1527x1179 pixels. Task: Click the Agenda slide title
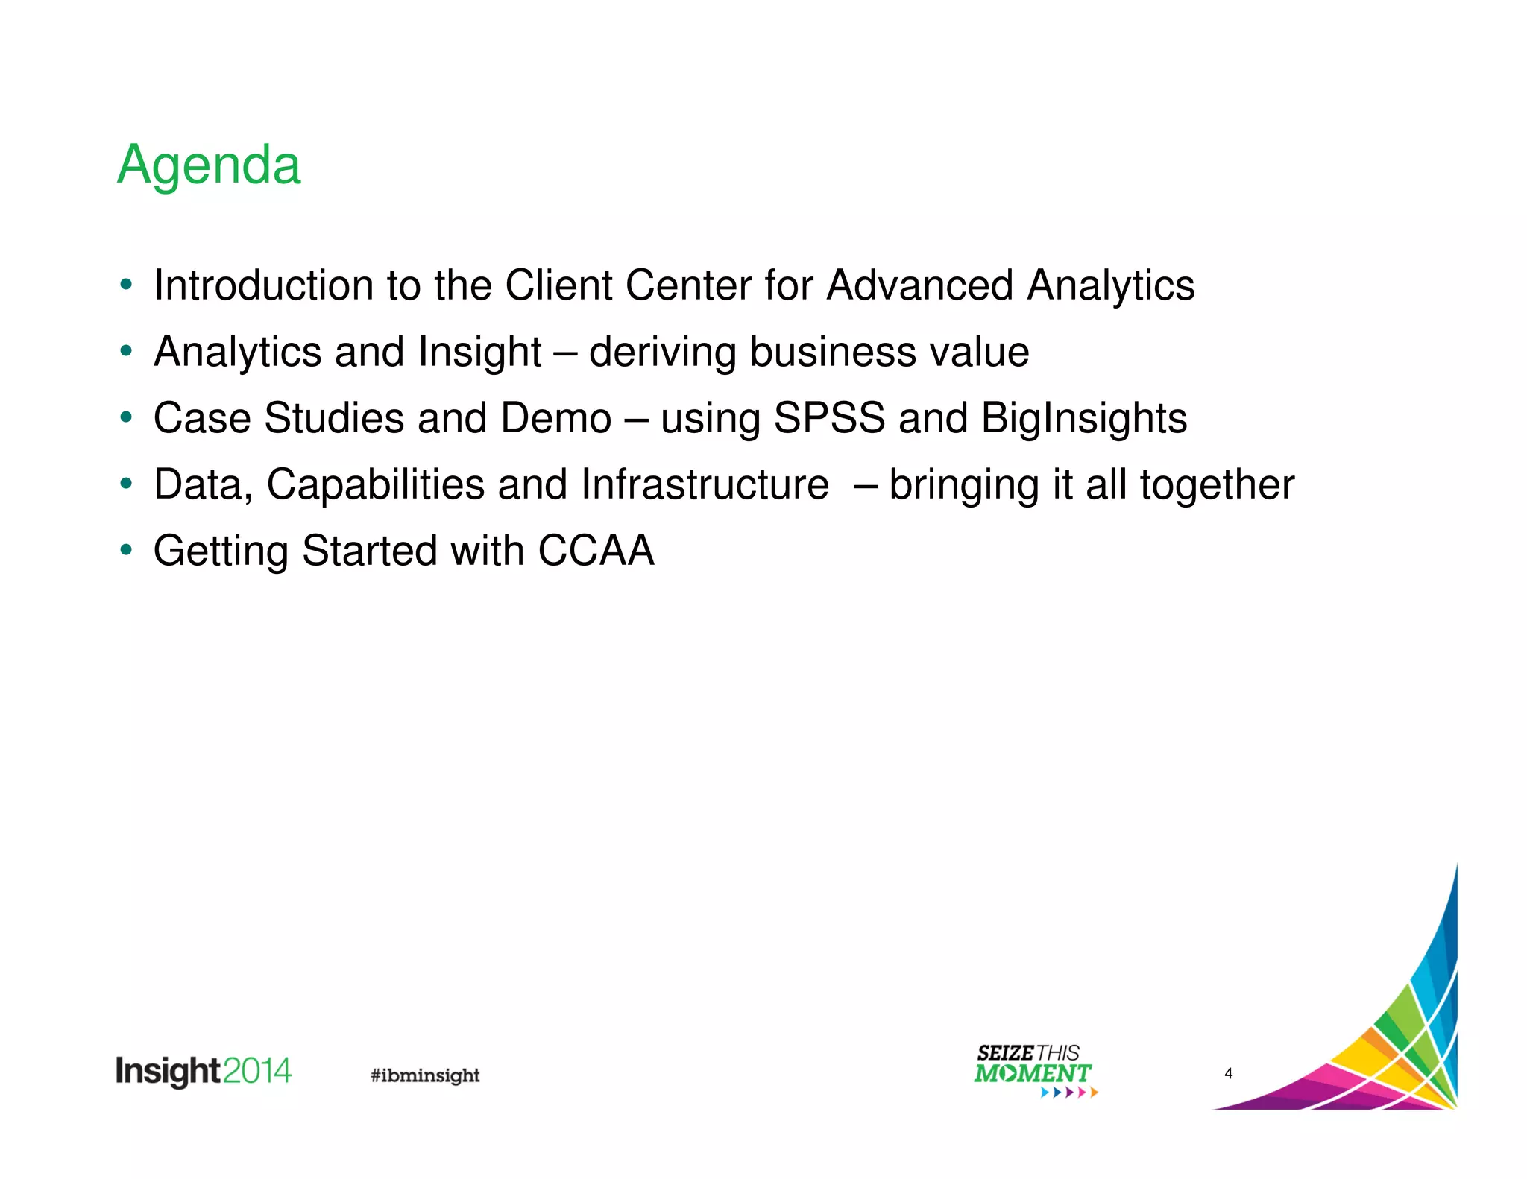[x=209, y=165]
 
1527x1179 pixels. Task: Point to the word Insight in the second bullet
[x=479, y=353]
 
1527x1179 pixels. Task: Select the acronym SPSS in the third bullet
[x=829, y=418]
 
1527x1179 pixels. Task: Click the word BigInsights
[x=1083, y=419]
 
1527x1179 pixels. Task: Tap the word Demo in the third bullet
[x=555, y=418]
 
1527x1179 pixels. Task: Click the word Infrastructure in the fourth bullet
[x=705, y=484]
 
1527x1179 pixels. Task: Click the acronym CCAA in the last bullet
[x=596, y=551]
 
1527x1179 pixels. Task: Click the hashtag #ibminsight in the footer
[x=425, y=1075]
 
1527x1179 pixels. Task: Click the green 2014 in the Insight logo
[x=256, y=1071]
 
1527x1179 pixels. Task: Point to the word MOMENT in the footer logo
[x=1032, y=1074]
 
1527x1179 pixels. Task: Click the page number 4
[x=1228, y=1073]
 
